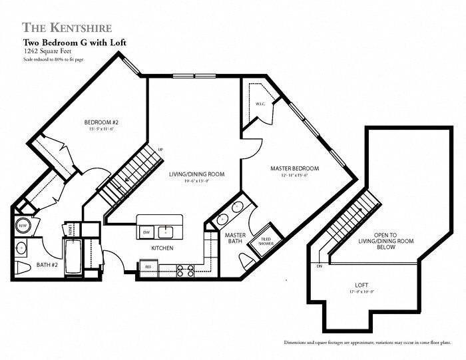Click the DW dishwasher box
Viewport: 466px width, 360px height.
[146, 232]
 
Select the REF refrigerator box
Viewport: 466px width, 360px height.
[147, 267]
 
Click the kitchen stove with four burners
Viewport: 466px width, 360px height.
[185, 270]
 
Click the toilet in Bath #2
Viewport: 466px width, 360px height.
[21, 268]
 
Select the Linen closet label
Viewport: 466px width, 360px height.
[71, 229]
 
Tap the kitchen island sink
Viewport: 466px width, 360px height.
[169, 231]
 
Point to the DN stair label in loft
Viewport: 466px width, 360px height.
[319, 266]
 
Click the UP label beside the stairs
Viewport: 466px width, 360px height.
[160, 149]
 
